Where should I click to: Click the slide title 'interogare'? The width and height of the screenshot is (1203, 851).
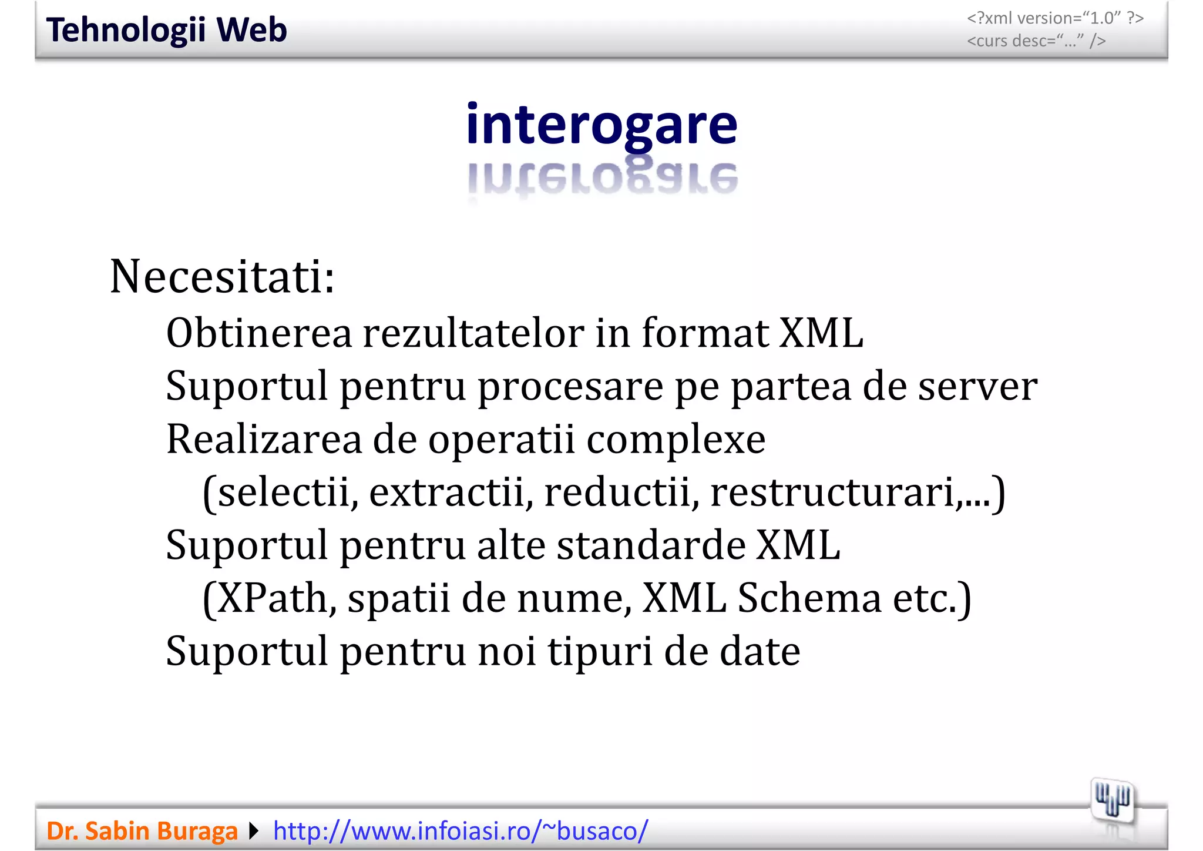[601, 125]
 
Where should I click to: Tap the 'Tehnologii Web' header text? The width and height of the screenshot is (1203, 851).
[167, 30]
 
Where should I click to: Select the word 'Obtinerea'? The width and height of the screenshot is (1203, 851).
[259, 333]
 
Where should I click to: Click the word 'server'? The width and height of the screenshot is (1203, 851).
[977, 387]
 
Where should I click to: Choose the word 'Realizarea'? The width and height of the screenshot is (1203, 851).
[264, 439]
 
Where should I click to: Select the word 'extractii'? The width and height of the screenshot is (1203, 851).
[446, 492]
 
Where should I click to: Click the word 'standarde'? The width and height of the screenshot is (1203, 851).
[650, 545]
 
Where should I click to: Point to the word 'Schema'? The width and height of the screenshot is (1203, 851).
[809, 598]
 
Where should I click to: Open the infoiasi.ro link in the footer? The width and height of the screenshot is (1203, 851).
[461, 831]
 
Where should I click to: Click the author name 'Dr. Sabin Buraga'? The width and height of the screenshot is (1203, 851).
[142, 831]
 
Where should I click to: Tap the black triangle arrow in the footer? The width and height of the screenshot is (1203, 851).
[254, 831]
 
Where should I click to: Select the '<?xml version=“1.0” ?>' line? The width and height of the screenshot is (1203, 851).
[1055, 18]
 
